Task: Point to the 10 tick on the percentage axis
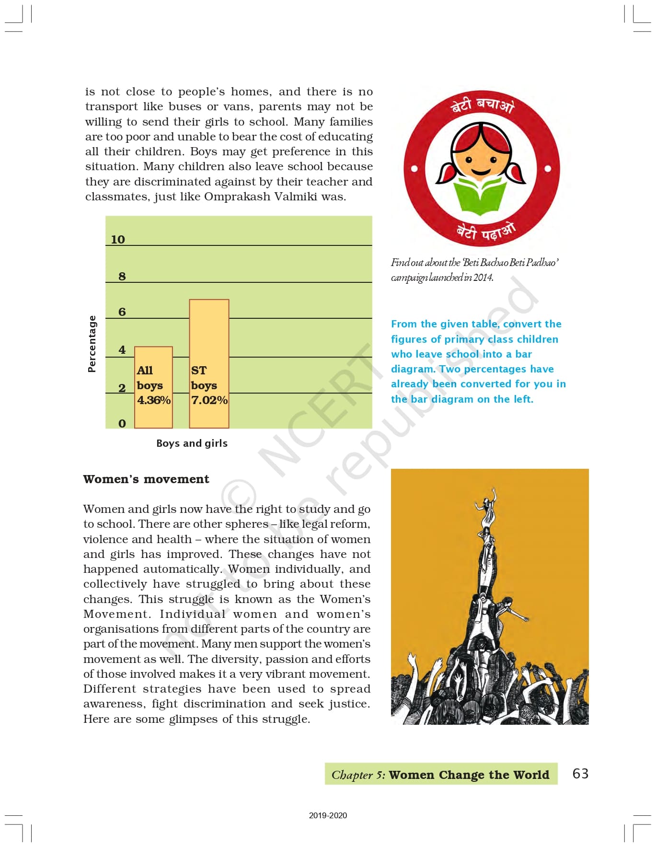coord(118,240)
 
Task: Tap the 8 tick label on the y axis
coord(122,277)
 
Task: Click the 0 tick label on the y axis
coord(122,424)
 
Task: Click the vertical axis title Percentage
coord(92,344)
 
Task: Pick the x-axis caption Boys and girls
coord(192,443)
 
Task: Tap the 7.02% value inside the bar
coord(209,400)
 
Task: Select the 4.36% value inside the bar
coord(154,400)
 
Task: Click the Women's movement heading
coord(146,479)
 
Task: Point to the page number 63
coord(580,774)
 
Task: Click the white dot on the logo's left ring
coord(414,169)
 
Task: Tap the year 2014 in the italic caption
coord(483,278)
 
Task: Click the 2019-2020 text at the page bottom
coord(328,815)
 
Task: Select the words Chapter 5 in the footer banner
coord(358,775)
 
